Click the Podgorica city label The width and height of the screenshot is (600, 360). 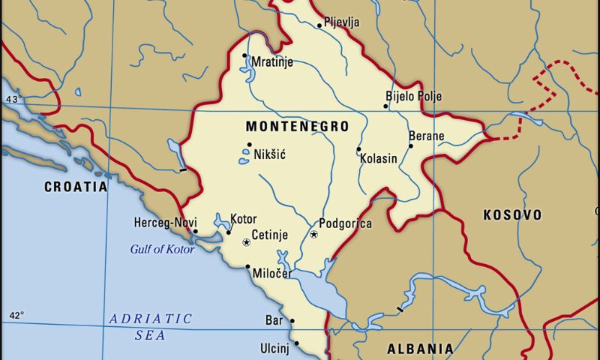[x=345, y=223]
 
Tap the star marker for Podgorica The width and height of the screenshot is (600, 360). [x=314, y=235]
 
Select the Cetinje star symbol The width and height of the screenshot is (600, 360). [x=246, y=242]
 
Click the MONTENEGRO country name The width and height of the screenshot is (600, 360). [x=297, y=127]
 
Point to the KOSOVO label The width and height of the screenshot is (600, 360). [x=512, y=215]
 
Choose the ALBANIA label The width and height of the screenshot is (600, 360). [x=419, y=349]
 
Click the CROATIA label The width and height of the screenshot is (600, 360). [x=76, y=187]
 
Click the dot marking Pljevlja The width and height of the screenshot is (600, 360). [x=319, y=25]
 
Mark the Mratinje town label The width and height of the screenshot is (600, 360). [x=272, y=62]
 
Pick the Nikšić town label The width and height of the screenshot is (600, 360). [x=270, y=154]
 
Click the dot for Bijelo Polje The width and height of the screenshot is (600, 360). [x=386, y=106]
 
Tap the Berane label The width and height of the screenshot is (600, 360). [x=426, y=136]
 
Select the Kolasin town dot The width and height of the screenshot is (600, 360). [x=358, y=148]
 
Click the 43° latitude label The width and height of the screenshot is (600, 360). [x=13, y=99]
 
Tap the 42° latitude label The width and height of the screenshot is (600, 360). [x=16, y=315]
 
